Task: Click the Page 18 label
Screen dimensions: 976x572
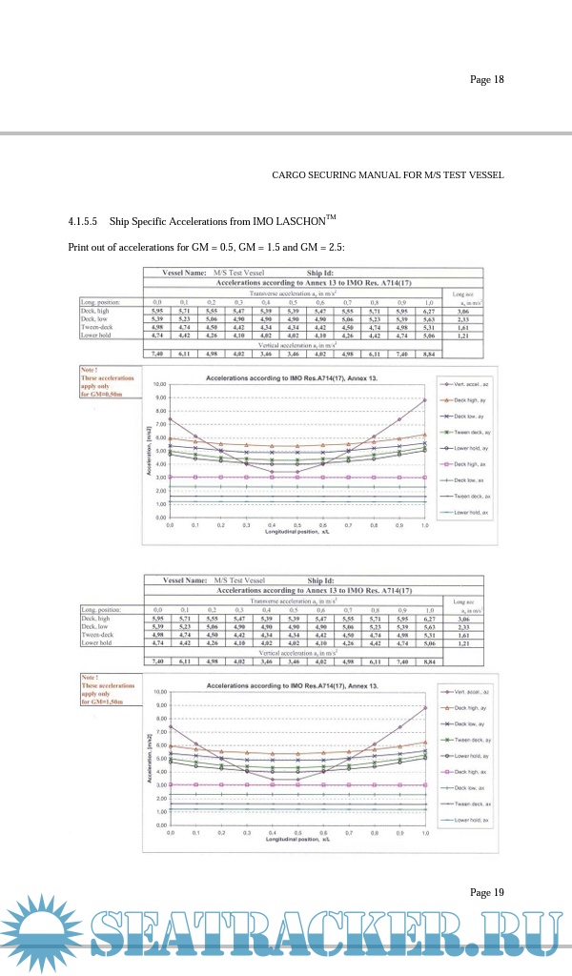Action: pos(486,79)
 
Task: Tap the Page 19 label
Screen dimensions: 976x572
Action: pos(486,892)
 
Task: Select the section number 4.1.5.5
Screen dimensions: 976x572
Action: pos(83,222)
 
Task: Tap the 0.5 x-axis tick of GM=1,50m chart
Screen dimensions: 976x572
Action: pos(297,832)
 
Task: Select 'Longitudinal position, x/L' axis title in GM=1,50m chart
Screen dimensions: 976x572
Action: pos(297,840)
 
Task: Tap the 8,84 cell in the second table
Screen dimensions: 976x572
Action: pos(429,660)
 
